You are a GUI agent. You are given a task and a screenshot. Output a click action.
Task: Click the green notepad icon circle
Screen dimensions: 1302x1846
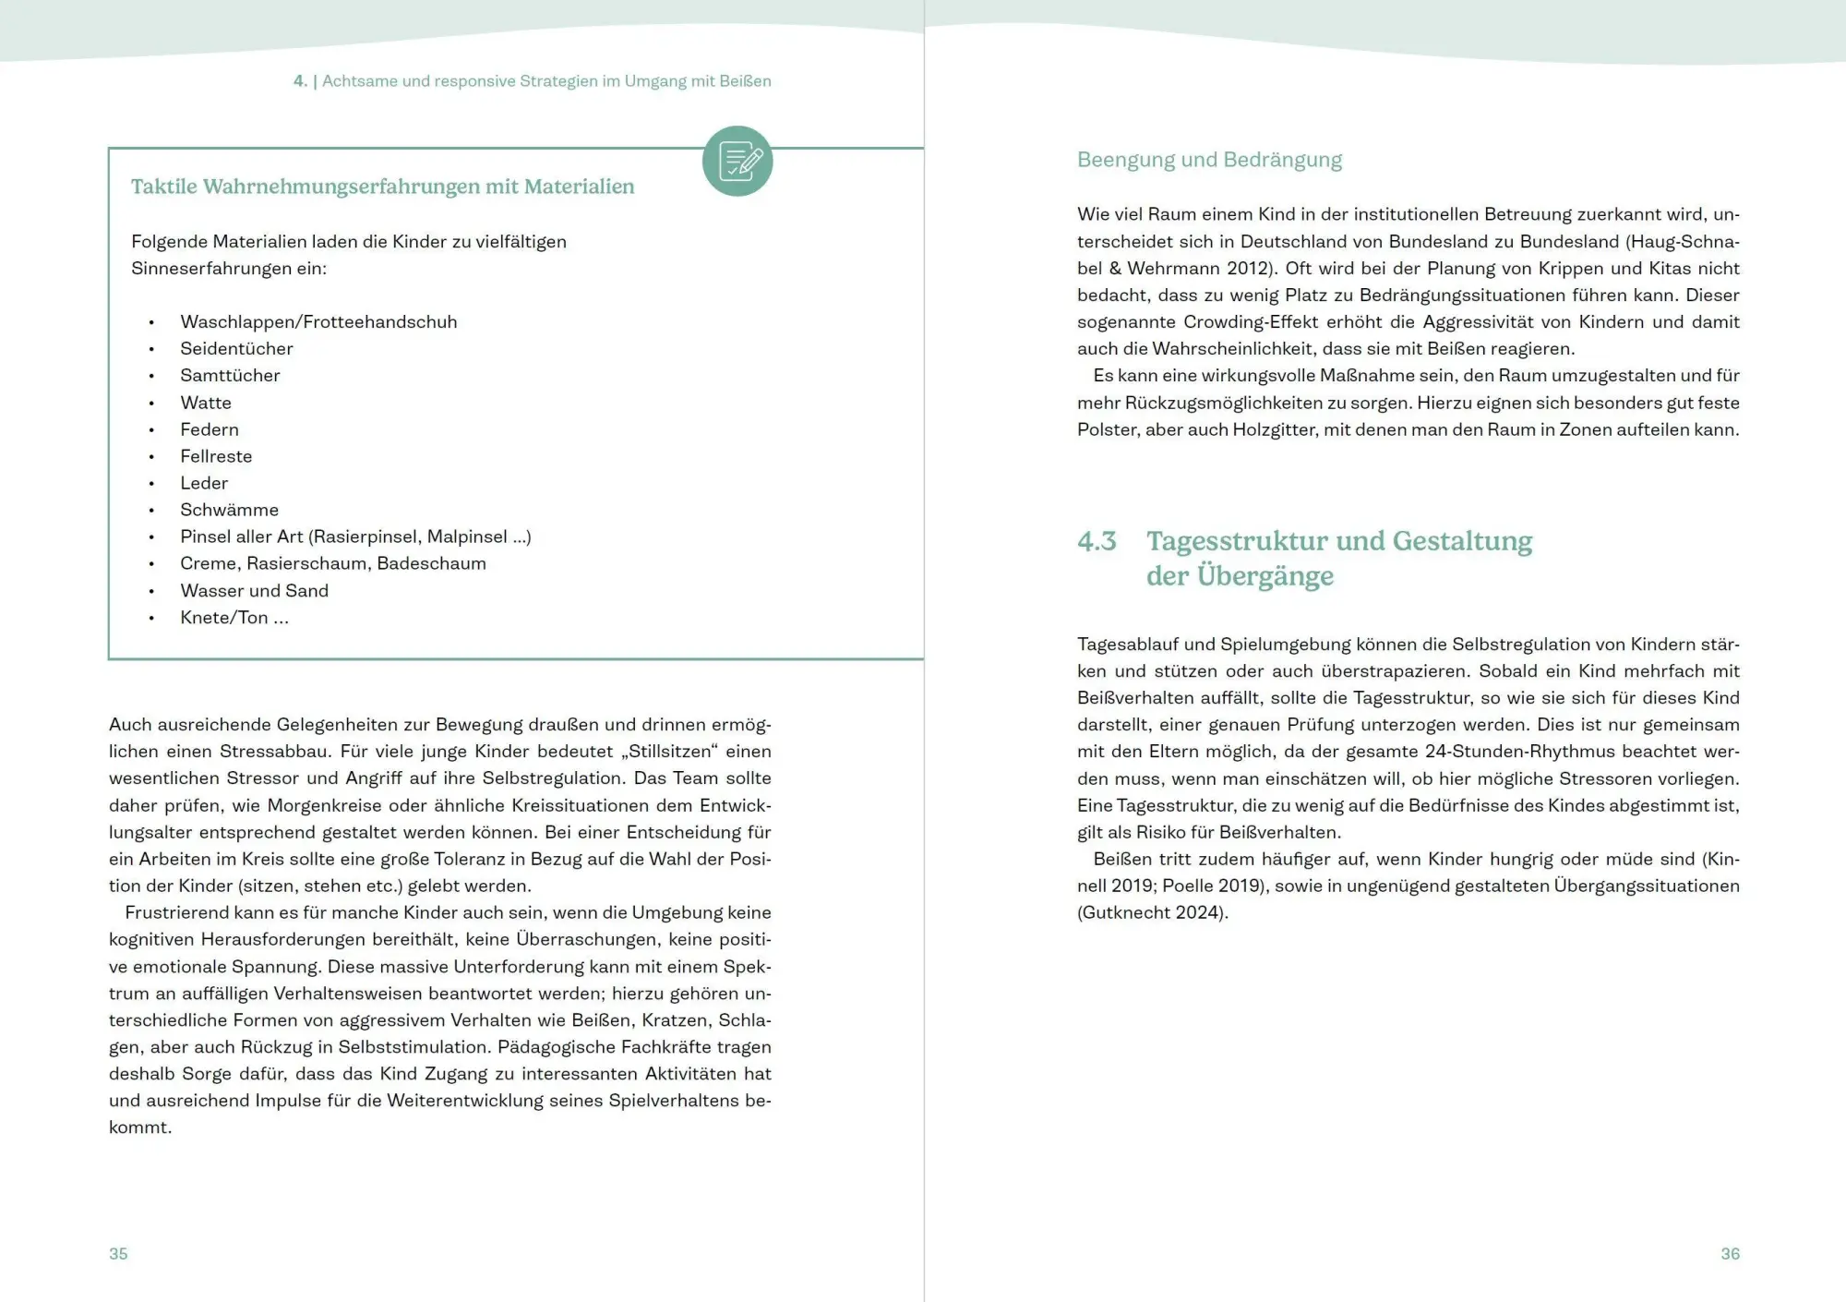coord(737,161)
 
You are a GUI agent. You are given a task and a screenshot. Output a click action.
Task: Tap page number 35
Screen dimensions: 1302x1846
coord(118,1253)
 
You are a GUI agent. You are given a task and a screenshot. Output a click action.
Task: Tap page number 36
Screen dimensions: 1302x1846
coord(1730,1253)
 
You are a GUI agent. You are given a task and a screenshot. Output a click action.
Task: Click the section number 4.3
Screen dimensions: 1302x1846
coord(1097,541)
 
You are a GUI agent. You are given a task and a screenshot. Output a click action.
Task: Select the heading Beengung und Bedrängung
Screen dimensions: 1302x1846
coord(1209,160)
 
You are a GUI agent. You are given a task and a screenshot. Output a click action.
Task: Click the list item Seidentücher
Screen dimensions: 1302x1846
coord(236,348)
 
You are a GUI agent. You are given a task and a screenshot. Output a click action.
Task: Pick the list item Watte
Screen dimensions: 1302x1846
coord(206,403)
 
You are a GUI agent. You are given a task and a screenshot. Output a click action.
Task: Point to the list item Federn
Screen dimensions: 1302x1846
coord(210,429)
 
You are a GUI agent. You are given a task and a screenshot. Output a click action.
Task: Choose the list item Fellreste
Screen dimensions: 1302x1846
coord(216,456)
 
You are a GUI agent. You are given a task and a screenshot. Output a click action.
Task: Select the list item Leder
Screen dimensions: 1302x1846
coord(204,483)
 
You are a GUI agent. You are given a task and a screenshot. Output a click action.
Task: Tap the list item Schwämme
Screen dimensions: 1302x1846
coord(229,510)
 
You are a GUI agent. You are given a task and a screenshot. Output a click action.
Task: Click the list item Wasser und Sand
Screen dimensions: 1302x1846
coord(254,590)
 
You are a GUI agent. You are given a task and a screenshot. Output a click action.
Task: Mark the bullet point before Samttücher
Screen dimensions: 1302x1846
coord(151,376)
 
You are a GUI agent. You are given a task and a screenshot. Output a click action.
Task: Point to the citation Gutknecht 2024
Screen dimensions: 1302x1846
coord(1151,912)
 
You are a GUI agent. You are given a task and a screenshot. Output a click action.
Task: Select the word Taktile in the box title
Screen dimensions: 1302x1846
coord(163,187)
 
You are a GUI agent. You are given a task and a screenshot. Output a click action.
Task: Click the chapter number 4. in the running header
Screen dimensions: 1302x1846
coord(300,81)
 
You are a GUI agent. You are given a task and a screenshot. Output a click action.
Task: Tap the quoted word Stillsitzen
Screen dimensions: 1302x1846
coord(670,751)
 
